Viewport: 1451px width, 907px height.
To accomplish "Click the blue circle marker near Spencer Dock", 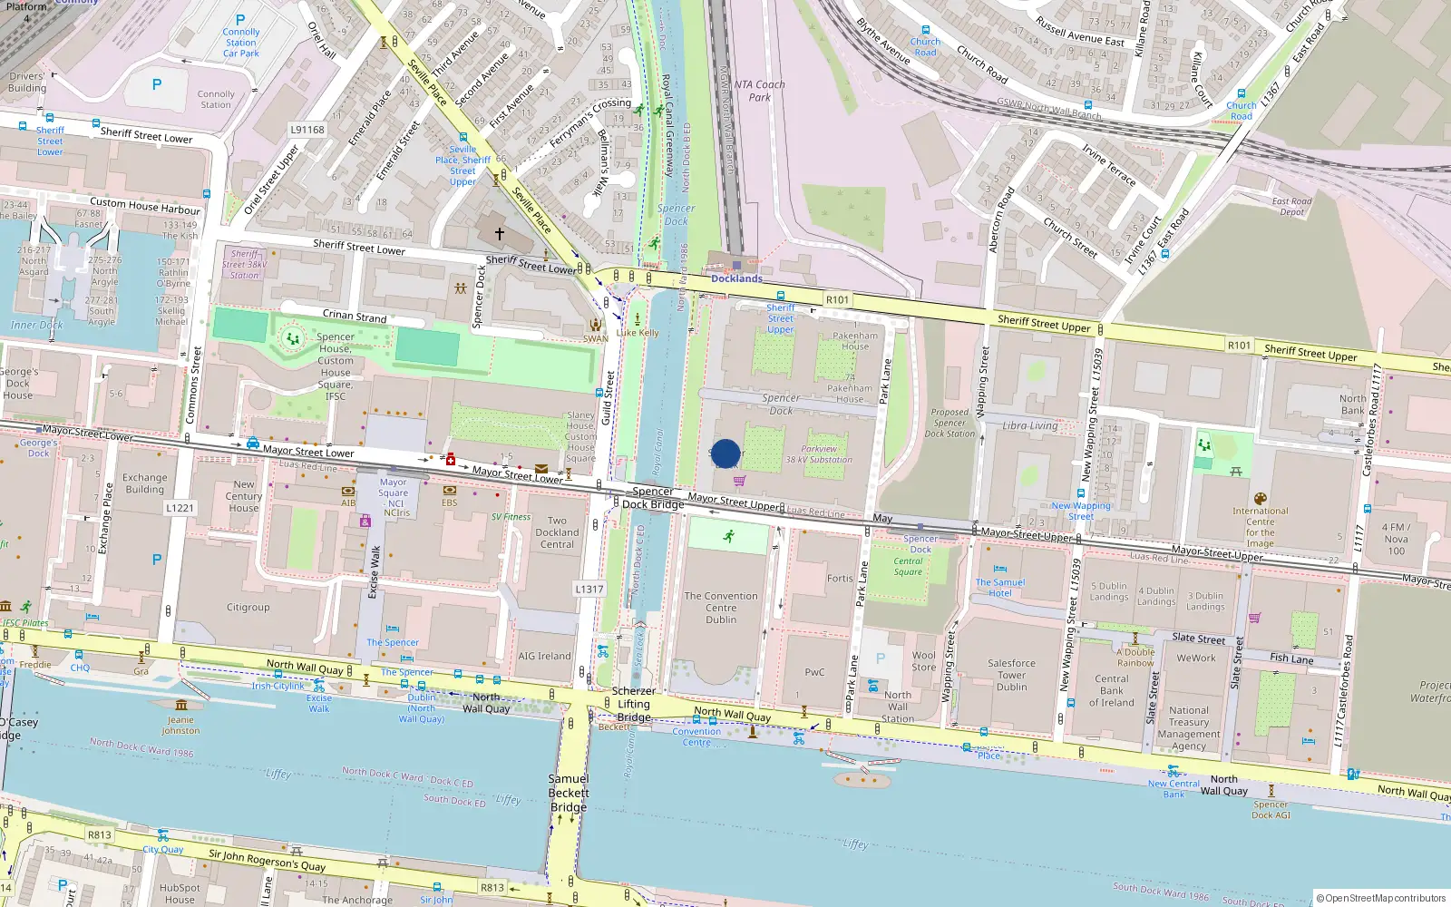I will coord(725,453).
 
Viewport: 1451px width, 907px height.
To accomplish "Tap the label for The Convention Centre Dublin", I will coord(721,608).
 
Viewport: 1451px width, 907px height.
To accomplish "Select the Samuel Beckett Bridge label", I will coord(568,793).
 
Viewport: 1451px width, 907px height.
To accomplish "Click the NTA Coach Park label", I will coord(759,91).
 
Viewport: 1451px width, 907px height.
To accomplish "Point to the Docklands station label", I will coord(736,278).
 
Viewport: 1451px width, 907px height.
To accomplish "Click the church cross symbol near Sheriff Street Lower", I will coord(499,233).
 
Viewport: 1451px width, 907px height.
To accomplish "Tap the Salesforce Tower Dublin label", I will coord(1011,675).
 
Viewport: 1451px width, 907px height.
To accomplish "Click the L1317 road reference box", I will coord(589,589).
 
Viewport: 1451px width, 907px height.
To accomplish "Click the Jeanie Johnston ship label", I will coord(180,725).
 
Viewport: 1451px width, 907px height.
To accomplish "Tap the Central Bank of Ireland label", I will coord(1112,690).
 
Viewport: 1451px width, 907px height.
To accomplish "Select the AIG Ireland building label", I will coord(544,656).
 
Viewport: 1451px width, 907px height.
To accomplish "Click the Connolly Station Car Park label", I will coord(241,42).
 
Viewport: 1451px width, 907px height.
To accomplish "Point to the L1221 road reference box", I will coord(180,508).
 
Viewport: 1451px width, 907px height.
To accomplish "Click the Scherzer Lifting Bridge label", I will coord(634,704).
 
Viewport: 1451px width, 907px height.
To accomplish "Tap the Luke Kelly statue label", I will coord(638,333).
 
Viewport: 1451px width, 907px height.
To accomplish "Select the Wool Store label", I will coord(924,661).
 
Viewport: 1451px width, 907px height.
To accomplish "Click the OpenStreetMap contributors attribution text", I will coord(1381,898).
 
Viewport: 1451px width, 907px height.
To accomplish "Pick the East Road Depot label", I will coord(1292,207).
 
